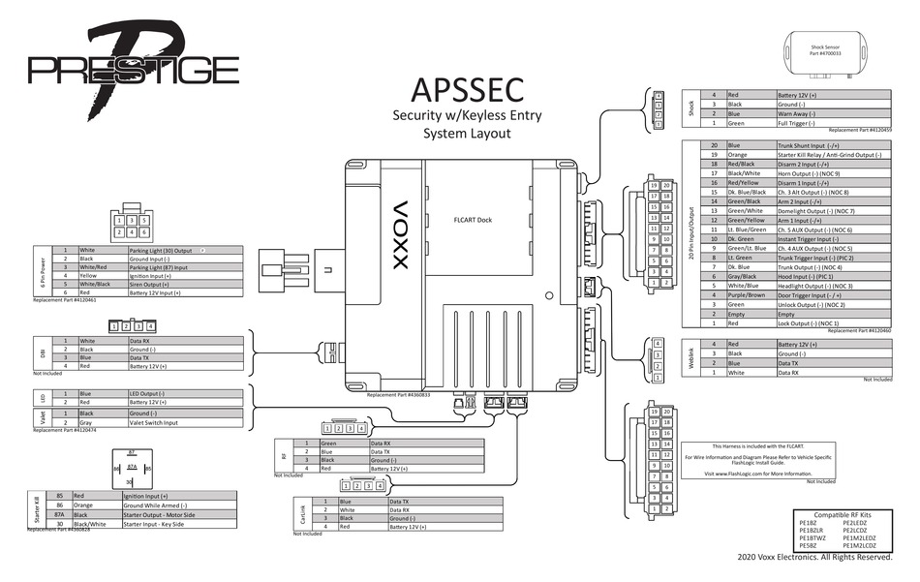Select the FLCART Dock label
pos(473,220)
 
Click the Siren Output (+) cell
pos(160,283)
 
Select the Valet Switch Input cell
pos(155,423)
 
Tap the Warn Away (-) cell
pos(798,113)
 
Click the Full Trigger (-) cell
pos(800,123)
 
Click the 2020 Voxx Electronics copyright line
pos(813,558)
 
